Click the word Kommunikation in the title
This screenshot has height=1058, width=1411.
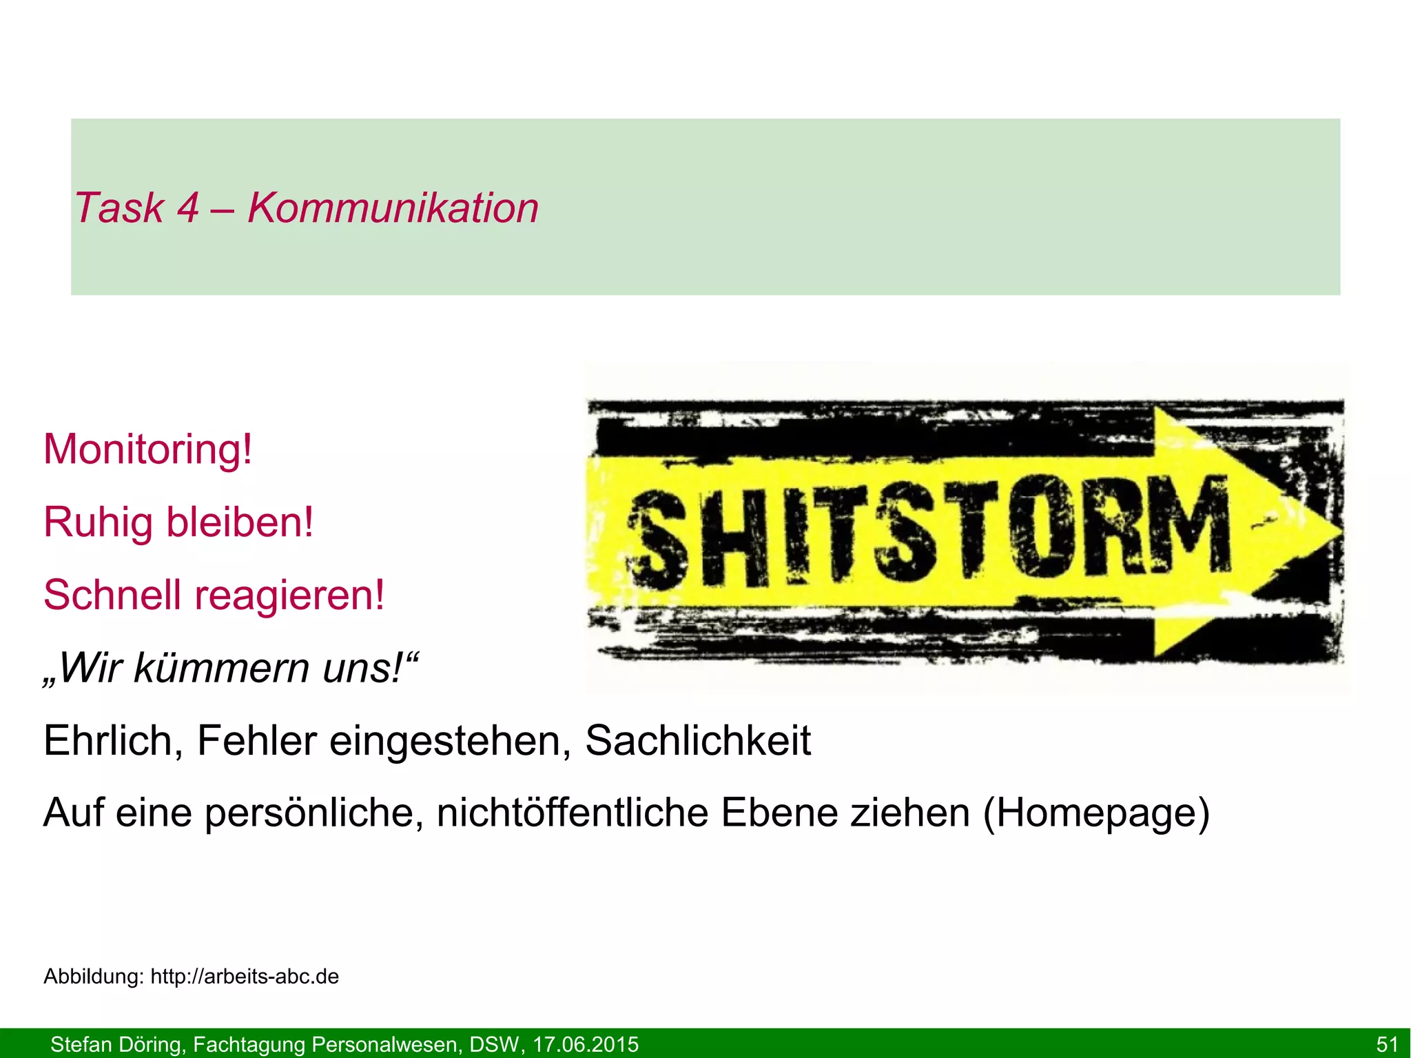click(393, 208)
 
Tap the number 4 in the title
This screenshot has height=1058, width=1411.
click(187, 208)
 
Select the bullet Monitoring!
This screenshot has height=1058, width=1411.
click(148, 449)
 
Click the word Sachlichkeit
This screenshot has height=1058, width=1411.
click(698, 741)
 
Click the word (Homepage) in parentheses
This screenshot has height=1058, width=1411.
click(1096, 813)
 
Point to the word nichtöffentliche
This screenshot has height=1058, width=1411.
click(573, 813)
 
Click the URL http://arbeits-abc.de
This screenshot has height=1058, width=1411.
click(245, 977)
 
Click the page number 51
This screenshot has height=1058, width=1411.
click(1386, 1044)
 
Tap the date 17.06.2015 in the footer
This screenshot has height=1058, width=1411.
click(586, 1044)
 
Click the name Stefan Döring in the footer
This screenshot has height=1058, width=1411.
click(116, 1044)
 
